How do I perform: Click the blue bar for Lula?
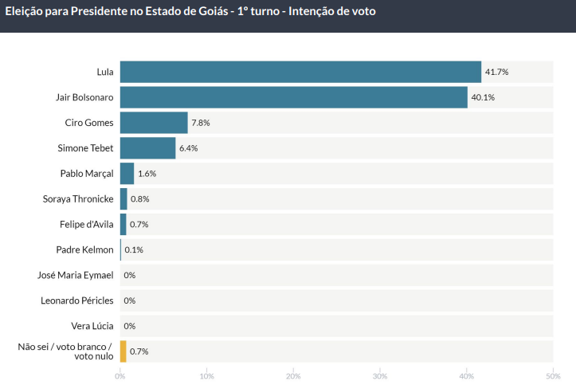(x=300, y=72)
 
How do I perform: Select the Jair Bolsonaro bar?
(x=293, y=97)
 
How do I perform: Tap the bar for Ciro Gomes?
(x=154, y=123)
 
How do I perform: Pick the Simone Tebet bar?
(x=147, y=148)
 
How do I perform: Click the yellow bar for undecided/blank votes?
(x=123, y=352)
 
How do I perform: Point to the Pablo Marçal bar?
(x=127, y=174)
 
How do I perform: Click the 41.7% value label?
(x=496, y=72)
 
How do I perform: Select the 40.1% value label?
(x=483, y=97)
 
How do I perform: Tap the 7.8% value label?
(x=201, y=123)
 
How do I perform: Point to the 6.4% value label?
(x=189, y=148)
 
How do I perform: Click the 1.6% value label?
(x=147, y=174)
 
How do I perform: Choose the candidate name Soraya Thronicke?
(x=78, y=198)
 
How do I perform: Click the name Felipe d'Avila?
(x=83, y=224)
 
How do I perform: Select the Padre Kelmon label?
(x=84, y=249)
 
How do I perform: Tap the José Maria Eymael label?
(x=75, y=275)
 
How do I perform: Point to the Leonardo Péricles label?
(x=76, y=301)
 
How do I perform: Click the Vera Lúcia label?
(x=92, y=326)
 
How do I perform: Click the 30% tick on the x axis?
(x=379, y=376)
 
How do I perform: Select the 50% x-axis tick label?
(x=552, y=376)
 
